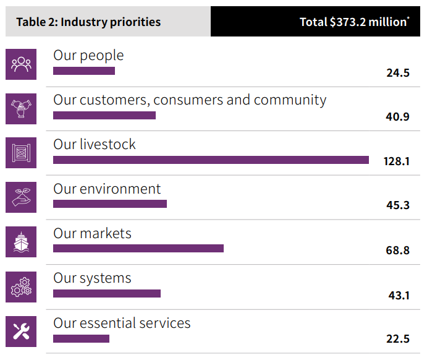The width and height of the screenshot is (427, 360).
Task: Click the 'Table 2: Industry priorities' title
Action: tap(88, 22)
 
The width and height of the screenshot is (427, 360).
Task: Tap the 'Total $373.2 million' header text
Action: tap(354, 22)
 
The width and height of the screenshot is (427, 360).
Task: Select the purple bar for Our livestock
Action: tap(211, 160)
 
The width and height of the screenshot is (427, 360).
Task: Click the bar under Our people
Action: tap(84, 71)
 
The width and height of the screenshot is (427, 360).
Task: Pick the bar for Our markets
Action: tap(138, 248)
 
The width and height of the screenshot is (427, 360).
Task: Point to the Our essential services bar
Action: tap(81, 338)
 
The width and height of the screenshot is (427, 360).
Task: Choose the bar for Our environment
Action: tap(110, 204)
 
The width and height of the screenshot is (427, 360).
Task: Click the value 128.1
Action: tap(397, 161)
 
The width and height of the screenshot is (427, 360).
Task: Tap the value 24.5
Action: tap(398, 73)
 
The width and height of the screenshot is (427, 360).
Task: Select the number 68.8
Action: tap(397, 250)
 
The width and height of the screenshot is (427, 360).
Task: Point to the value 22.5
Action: tap(398, 339)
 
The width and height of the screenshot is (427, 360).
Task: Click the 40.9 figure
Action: tap(397, 117)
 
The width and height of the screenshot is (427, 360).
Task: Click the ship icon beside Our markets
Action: tap(21, 242)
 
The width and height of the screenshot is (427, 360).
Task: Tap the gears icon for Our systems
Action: tap(21, 286)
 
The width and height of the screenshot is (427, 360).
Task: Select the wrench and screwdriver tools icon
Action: tap(21, 332)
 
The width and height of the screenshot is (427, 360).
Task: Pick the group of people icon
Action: tap(21, 64)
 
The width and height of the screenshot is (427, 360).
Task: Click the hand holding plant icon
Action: tap(21, 197)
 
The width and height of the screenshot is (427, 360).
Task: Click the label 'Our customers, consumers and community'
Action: tap(190, 100)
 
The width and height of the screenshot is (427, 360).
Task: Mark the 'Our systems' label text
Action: tap(92, 278)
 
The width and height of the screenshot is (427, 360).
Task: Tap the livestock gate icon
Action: tap(21, 153)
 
